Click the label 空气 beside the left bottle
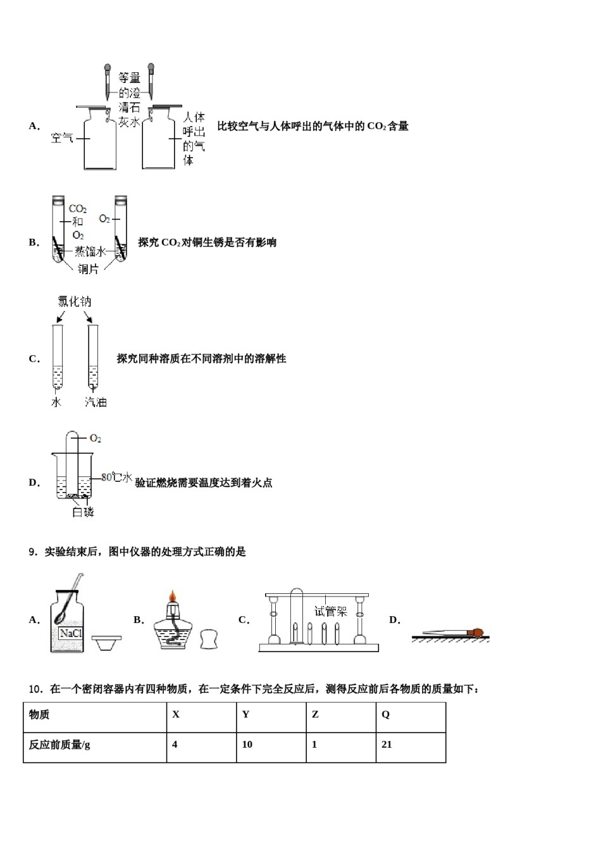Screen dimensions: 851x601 62,137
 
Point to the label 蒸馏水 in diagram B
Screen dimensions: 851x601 90,252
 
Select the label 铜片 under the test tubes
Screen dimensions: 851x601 88,269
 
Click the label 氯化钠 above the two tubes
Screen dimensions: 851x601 75,302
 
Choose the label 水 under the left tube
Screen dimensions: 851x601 56,402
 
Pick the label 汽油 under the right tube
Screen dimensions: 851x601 96,402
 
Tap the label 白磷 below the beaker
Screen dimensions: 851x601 83,512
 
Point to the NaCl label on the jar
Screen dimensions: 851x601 69,633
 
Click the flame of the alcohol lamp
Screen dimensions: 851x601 171,598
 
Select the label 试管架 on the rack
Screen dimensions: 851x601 331,612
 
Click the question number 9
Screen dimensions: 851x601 32,552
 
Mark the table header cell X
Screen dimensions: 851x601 176,714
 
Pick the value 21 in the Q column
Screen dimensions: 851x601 387,745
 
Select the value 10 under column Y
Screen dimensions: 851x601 247,745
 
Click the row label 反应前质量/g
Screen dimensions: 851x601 59,745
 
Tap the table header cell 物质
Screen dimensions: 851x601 39,714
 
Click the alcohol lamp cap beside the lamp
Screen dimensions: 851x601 210,638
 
